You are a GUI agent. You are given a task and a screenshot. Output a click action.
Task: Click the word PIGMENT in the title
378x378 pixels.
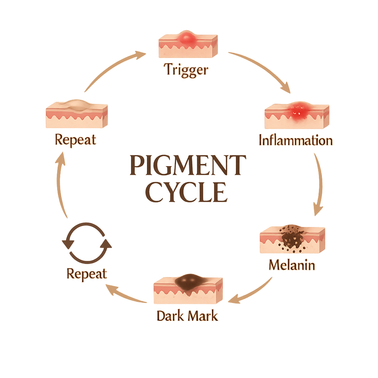(188, 165)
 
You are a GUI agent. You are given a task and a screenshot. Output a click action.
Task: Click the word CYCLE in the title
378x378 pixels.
(187, 192)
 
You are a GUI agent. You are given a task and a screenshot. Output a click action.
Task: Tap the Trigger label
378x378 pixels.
(186, 70)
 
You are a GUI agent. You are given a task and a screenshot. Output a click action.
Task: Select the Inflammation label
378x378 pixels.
(296, 140)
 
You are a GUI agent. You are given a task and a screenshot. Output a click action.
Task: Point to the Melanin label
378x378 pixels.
(292, 265)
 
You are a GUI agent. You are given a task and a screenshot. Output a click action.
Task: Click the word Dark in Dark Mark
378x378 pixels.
(170, 316)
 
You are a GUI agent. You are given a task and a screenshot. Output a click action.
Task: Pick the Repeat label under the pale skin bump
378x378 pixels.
(75, 140)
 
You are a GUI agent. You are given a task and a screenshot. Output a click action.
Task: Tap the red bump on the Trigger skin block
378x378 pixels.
(187, 37)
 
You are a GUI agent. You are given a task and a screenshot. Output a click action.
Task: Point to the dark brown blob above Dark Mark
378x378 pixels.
(190, 282)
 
